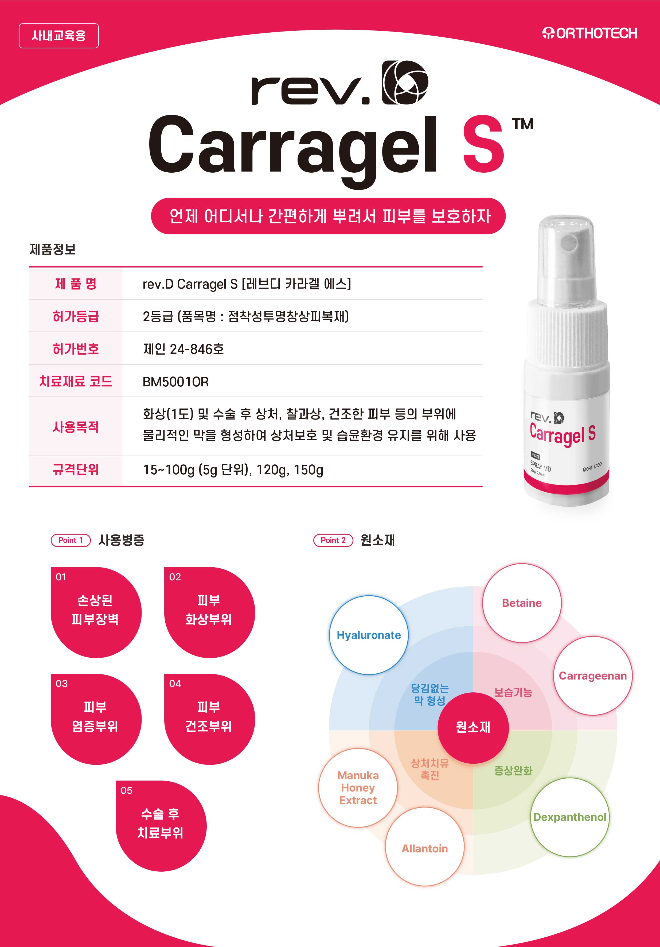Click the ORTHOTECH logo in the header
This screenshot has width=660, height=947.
[589, 33]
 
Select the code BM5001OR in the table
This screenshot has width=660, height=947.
[175, 382]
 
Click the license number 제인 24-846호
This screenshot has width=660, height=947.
[183, 349]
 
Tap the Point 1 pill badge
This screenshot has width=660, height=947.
[71, 540]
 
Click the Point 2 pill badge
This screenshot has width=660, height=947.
[333, 540]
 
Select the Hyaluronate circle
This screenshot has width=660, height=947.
[369, 635]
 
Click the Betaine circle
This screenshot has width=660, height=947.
[522, 603]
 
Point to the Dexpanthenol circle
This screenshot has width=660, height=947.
[570, 817]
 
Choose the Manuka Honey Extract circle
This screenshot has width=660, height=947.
[358, 788]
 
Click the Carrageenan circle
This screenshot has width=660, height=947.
[593, 676]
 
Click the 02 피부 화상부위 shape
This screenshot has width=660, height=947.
[209, 612]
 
